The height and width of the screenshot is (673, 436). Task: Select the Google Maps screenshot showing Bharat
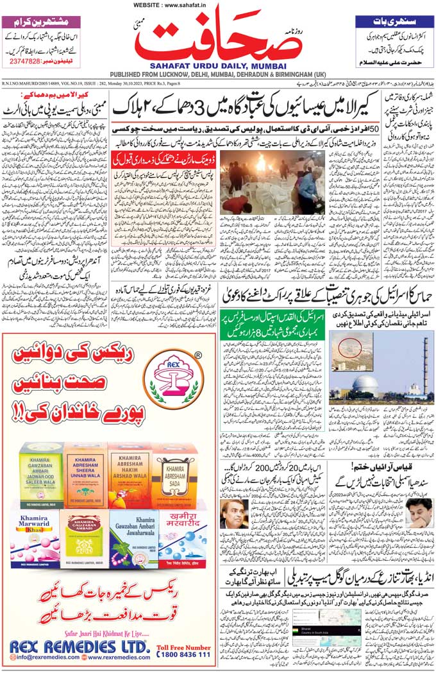(x=323, y=629)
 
